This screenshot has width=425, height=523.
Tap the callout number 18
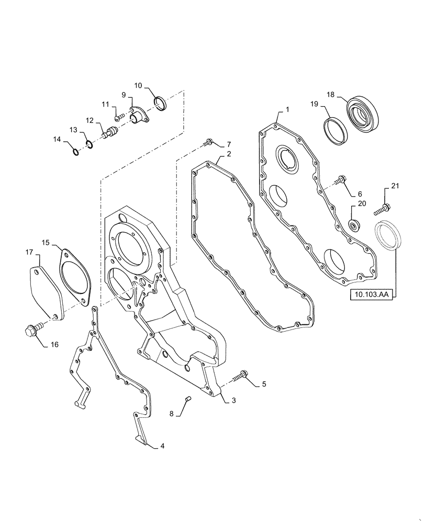(331, 95)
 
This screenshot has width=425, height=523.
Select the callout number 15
(46, 243)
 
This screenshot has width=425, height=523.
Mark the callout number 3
(233, 400)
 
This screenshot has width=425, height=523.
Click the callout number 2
(229, 154)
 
